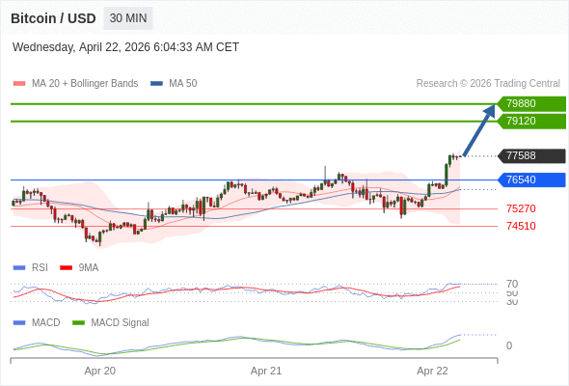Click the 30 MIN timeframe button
click(x=128, y=18)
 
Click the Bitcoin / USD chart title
click(x=53, y=18)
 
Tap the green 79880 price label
click(x=531, y=103)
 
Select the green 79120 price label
click(x=531, y=121)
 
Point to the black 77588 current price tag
click(x=531, y=155)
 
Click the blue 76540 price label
click(x=531, y=179)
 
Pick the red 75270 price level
click(x=521, y=208)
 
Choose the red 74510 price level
click(x=521, y=226)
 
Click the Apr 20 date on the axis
click(x=99, y=371)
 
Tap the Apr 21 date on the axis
click(x=266, y=371)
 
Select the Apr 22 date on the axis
click(x=432, y=371)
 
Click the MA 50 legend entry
click(x=174, y=84)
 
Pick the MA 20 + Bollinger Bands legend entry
click(x=75, y=84)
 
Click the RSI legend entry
click(x=31, y=267)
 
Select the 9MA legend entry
click(x=79, y=267)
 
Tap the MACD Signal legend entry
click(x=111, y=322)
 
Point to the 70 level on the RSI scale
click(x=512, y=284)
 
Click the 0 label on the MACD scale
click(x=509, y=345)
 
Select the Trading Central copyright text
click(x=488, y=84)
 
